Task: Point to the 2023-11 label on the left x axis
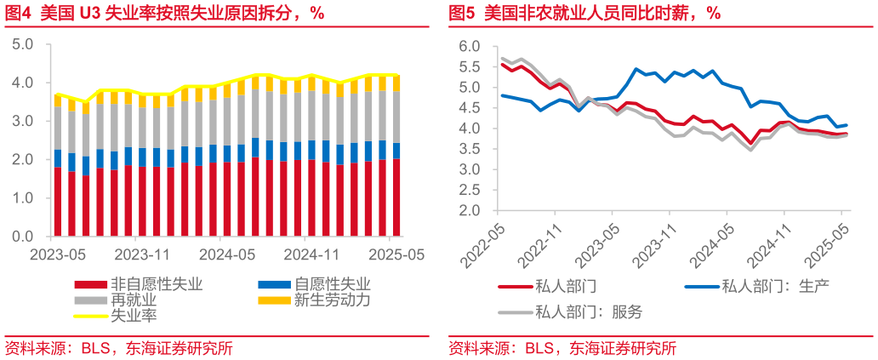pyautogui.click(x=142, y=254)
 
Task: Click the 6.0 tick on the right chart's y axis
pyautogui.click(x=469, y=46)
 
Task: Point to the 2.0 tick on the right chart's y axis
pyautogui.click(x=469, y=210)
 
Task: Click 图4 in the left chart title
pyautogui.click(x=19, y=13)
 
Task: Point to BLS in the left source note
pyautogui.click(x=94, y=349)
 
